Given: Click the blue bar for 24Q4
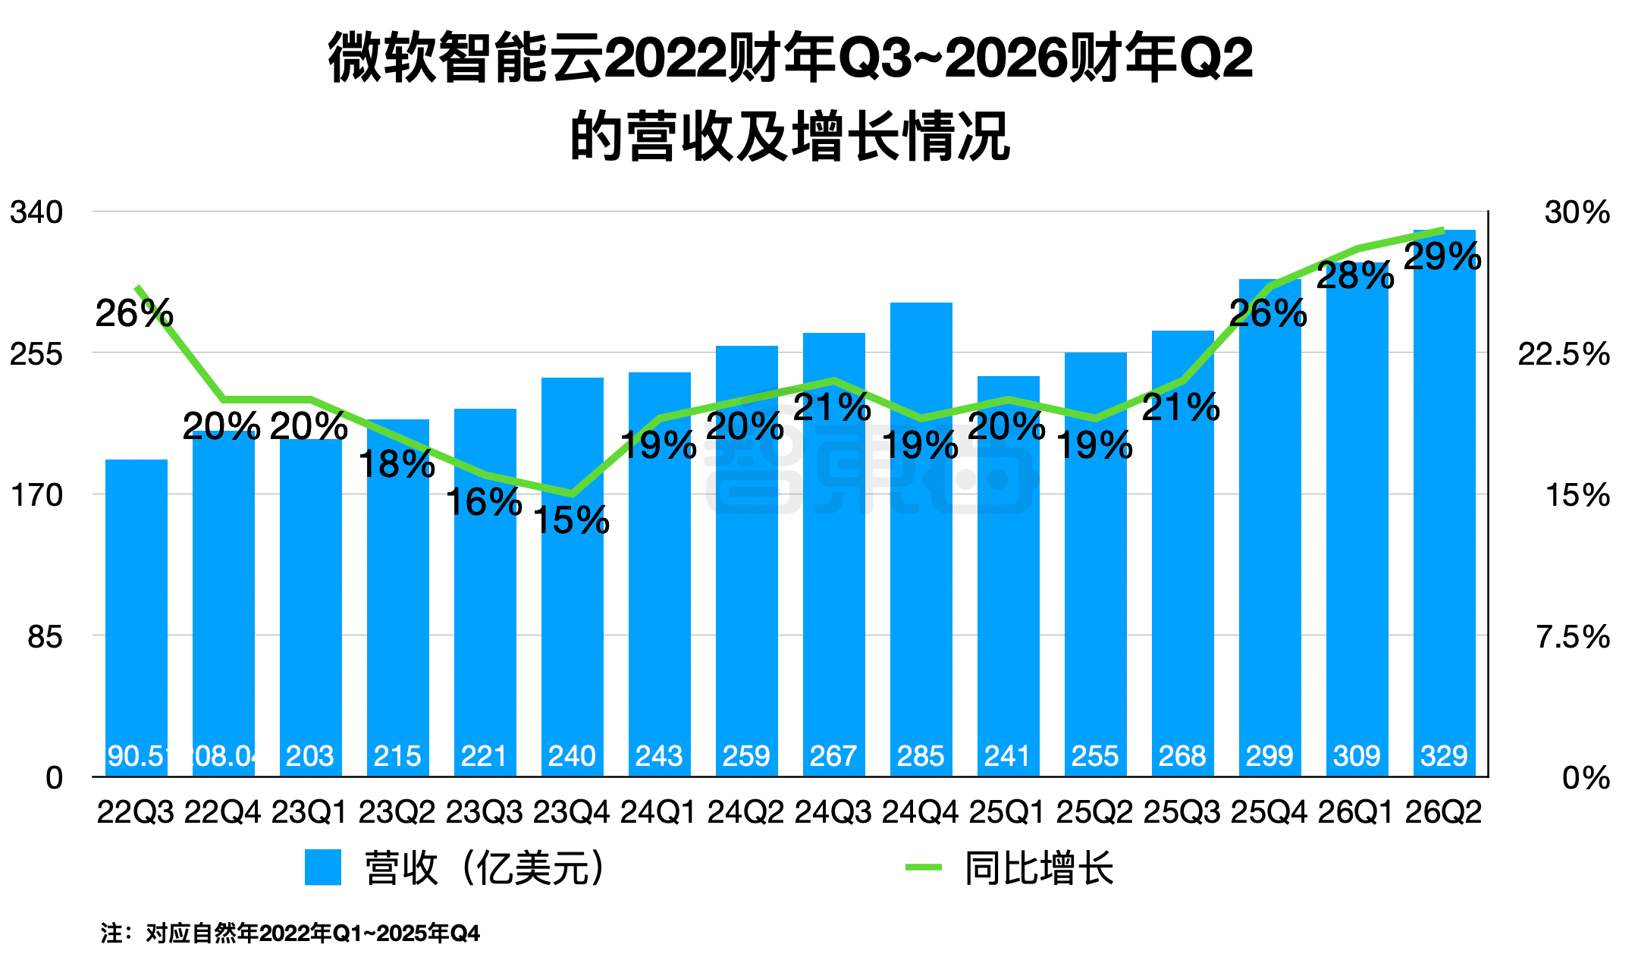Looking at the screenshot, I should tap(921, 531).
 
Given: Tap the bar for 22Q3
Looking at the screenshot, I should tap(137, 607).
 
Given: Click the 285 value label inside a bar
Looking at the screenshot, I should tap(921, 756).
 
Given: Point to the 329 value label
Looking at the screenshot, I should tap(1444, 756).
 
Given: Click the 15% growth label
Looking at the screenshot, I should tap(571, 520).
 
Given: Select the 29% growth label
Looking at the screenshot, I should tap(1442, 257).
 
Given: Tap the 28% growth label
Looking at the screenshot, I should tap(1355, 276).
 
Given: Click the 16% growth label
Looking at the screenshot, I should tap(484, 502).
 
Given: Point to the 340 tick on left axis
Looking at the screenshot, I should tap(36, 212).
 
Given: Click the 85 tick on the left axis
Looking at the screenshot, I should tap(45, 636).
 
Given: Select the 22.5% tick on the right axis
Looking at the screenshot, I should tap(1563, 353).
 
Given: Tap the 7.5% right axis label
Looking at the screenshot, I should tap(1572, 636).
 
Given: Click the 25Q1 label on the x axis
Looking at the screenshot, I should tap(1007, 812).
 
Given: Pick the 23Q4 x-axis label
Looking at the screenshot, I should tap(571, 812).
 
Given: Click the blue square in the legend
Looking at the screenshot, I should tap(323, 867).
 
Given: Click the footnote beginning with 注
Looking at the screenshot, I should tap(290, 933).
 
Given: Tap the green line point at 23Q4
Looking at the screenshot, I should tap(572, 494).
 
